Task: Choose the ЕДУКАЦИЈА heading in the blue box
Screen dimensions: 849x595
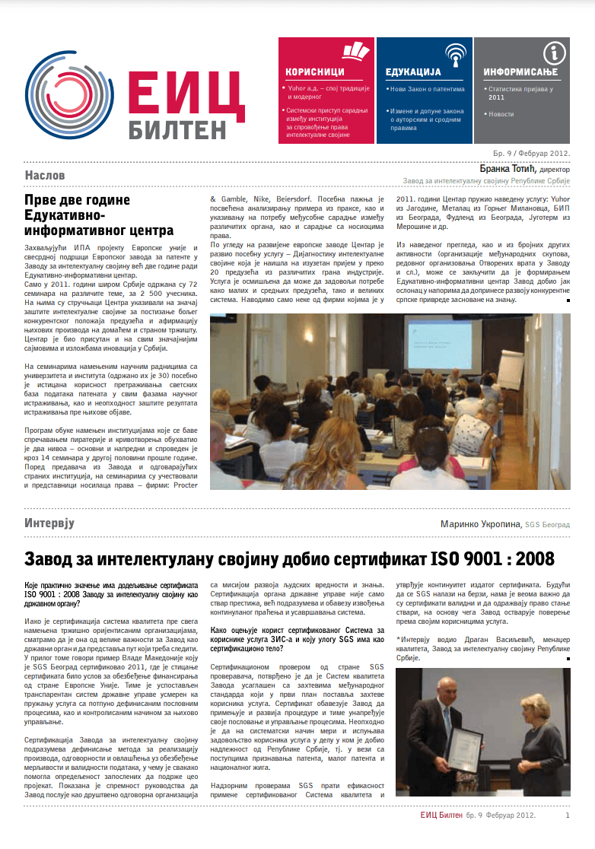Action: click(414, 72)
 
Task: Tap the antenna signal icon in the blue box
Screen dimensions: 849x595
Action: click(455, 54)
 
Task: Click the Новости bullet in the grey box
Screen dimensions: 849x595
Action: click(501, 114)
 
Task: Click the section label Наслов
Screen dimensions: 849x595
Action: click(45, 176)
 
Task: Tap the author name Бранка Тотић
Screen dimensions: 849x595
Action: click(509, 168)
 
